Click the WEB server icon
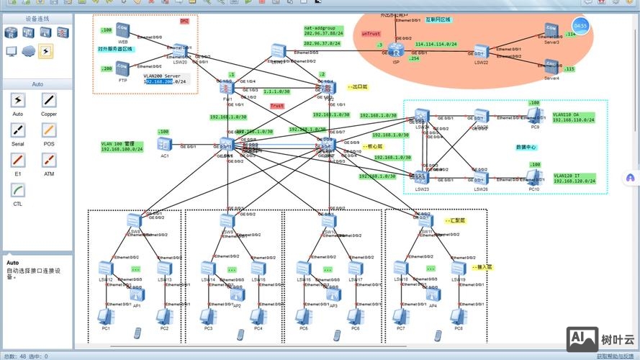(122, 30)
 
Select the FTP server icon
(122, 70)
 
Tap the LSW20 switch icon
(180, 53)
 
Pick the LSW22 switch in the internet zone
(481, 52)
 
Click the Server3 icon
(551, 31)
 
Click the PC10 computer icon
(534, 177)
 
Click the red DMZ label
(184, 22)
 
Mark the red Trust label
(276, 106)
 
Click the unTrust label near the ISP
(371, 34)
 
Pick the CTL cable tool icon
(19, 190)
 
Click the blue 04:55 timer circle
(581, 26)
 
